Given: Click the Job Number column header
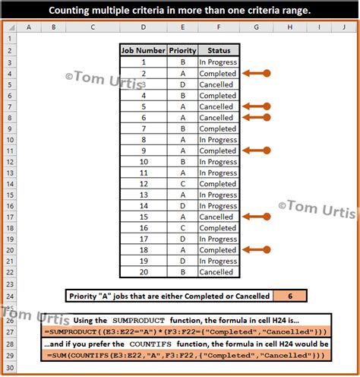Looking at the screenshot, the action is point(144,51).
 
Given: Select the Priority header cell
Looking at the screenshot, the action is point(182,51).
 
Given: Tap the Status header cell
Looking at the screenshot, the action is point(217,51).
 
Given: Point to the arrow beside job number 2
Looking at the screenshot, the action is point(254,74).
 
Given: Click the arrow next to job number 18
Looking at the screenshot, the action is point(254,250).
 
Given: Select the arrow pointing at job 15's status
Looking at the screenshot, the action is point(254,217).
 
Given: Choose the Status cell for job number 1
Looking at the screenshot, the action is point(217,62).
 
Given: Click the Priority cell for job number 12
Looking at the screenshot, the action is point(182,184).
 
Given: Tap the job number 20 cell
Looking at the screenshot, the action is point(144,272).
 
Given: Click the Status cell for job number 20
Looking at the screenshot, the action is point(217,272).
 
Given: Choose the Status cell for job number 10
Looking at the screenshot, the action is point(217,162).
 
